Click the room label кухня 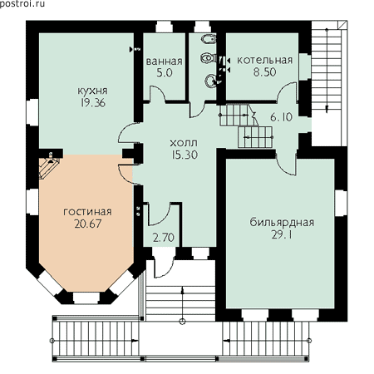(x=92, y=91)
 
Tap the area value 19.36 (x=93, y=103)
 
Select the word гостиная (x=87, y=212)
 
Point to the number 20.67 (x=88, y=224)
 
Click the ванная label (x=165, y=62)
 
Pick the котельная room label (x=265, y=60)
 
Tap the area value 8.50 (x=264, y=72)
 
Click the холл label (x=184, y=143)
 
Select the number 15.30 (x=185, y=155)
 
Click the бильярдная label (x=282, y=222)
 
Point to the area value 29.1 (x=282, y=235)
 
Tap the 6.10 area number (x=281, y=117)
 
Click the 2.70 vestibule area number (x=164, y=238)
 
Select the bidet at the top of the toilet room (x=209, y=40)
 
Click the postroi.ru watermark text (x=22, y=4)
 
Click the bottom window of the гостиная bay (x=86, y=298)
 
